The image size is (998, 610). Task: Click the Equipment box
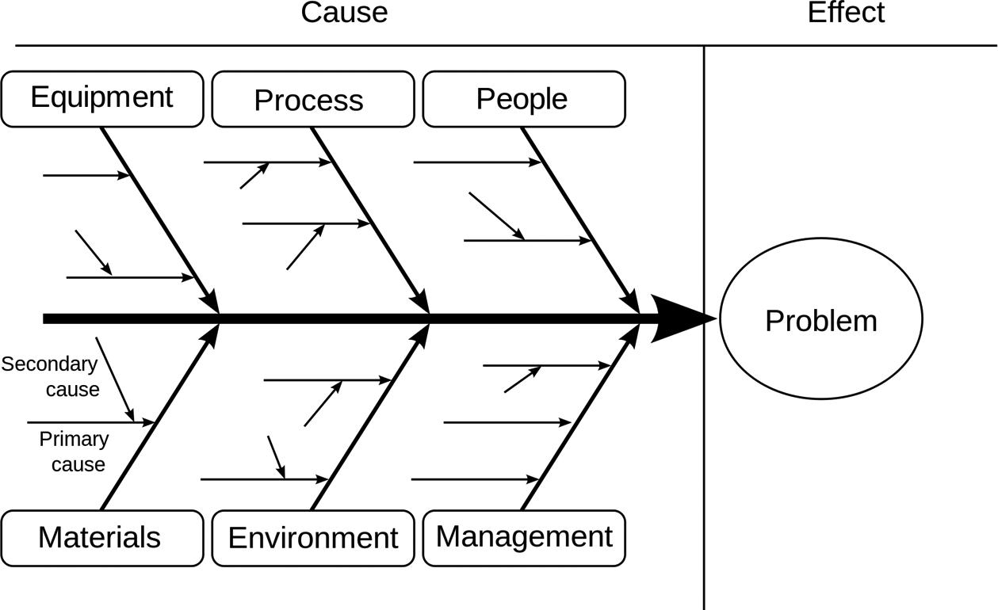[102, 98]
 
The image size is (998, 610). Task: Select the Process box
[312, 99]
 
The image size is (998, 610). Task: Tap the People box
[523, 98]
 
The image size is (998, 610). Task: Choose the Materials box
[102, 538]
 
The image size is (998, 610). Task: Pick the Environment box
[312, 538]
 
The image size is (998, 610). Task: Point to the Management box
[523, 538]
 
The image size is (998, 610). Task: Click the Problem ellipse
[820, 320]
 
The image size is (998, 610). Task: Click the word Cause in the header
[344, 13]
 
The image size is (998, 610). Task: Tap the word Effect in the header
[846, 13]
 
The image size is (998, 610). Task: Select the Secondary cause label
[49, 376]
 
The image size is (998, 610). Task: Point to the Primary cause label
[73, 451]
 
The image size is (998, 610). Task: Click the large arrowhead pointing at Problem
[680, 319]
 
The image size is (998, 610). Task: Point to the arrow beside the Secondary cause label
[114, 379]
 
